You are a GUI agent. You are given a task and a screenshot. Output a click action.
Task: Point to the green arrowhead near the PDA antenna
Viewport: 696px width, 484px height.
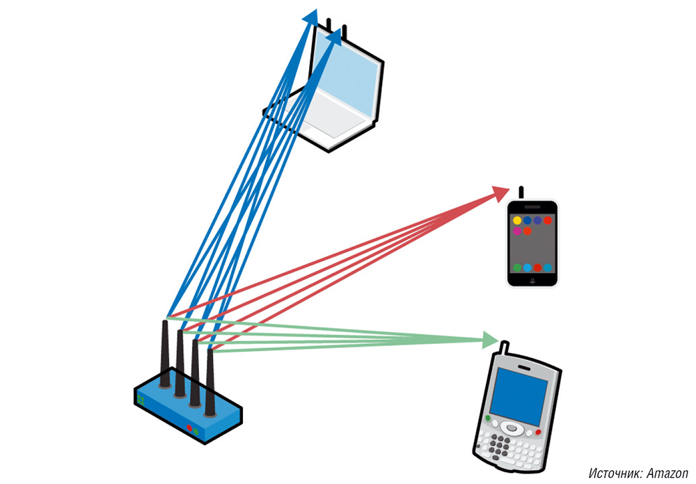pyautogui.click(x=491, y=340)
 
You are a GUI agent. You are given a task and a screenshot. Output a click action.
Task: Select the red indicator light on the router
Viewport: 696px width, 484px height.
pyautogui.click(x=188, y=427)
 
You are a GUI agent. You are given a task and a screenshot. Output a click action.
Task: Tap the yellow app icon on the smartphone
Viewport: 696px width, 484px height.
pyautogui.click(x=517, y=221)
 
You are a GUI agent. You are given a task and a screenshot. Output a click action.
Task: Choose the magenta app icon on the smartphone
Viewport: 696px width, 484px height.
pyautogui.click(x=517, y=231)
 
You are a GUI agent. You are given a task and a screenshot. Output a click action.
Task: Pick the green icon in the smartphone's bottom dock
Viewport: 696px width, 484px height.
pyautogui.click(x=517, y=267)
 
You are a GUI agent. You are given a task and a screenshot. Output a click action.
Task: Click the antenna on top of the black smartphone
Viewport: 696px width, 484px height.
pyautogui.click(x=521, y=193)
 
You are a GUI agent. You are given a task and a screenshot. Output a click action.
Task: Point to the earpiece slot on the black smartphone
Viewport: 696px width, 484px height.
pyautogui.click(x=532, y=208)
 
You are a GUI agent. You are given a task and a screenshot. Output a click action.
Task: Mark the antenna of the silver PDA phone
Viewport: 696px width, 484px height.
pyautogui.click(x=503, y=346)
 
